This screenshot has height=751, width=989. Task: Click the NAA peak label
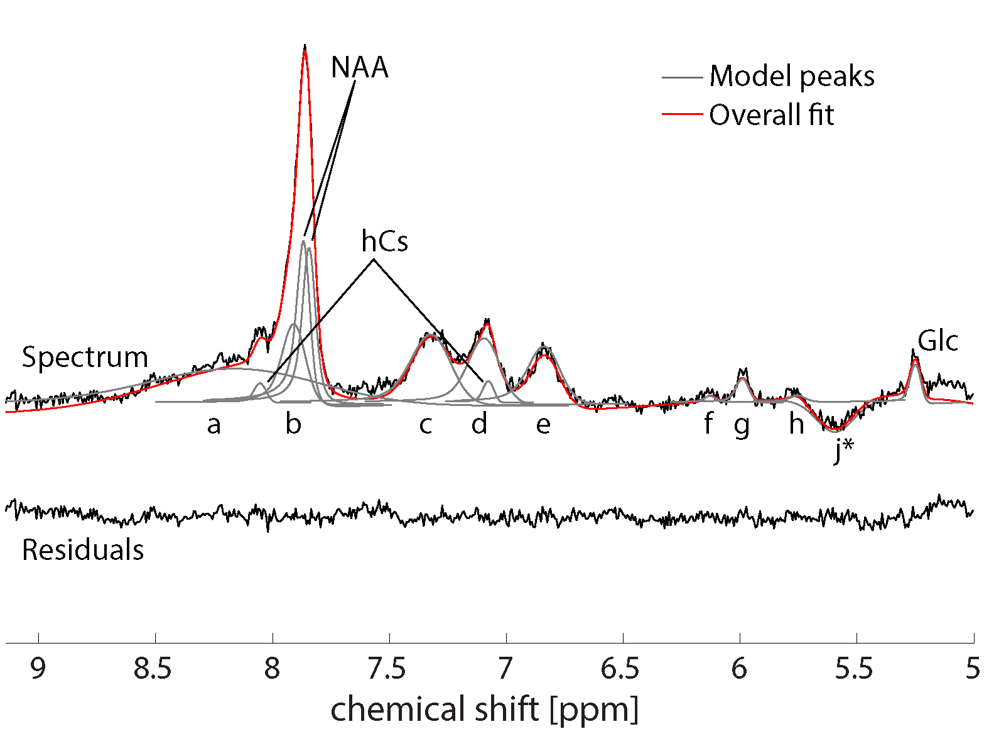(x=360, y=67)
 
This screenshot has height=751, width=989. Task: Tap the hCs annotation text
(x=384, y=241)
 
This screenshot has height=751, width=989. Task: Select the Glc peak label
(x=938, y=341)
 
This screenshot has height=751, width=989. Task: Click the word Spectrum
(x=85, y=357)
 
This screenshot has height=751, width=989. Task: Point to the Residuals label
(x=83, y=550)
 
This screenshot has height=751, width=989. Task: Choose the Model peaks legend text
(x=792, y=77)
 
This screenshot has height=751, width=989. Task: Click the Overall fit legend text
(x=772, y=115)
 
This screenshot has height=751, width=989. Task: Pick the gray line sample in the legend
(x=681, y=77)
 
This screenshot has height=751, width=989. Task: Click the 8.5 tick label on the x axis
(x=153, y=669)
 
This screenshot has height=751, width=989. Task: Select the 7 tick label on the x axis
(x=506, y=669)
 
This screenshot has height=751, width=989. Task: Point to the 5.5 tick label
(x=854, y=669)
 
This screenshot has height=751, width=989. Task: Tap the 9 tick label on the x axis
(x=38, y=669)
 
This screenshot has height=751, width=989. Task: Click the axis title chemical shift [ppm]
(x=484, y=710)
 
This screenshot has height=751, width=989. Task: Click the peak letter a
(x=214, y=425)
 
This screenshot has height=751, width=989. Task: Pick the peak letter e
(x=543, y=425)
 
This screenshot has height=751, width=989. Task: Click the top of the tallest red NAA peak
(x=305, y=47)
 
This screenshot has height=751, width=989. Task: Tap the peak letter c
(x=426, y=425)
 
